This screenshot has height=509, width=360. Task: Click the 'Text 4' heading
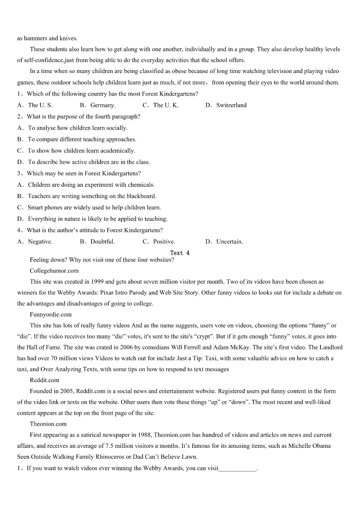(x=180, y=252)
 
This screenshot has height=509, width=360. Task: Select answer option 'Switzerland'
(x=231, y=105)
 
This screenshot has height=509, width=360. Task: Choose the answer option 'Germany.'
(x=103, y=105)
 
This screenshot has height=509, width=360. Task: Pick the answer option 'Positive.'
(x=164, y=242)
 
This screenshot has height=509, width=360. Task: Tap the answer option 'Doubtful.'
(x=102, y=242)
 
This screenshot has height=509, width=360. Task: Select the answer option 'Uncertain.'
(x=229, y=242)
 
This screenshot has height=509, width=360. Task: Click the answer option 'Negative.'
(x=40, y=242)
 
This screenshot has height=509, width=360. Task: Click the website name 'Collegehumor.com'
(x=54, y=271)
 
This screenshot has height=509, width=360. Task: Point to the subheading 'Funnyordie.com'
(x=51, y=314)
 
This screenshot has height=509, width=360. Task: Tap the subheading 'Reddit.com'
(x=44, y=380)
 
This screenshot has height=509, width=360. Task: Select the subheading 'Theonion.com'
(x=48, y=424)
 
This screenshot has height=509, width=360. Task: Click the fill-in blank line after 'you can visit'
(x=238, y=468)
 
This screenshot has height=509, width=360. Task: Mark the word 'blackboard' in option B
(x=141, y=196)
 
